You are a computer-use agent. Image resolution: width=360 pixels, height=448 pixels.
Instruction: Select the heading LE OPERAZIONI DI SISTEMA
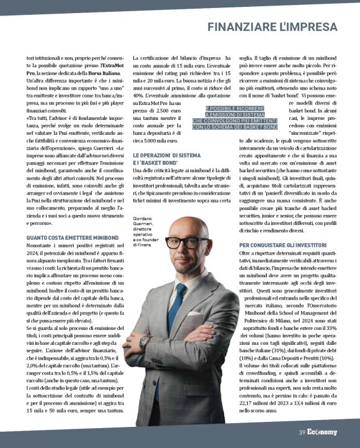pyautogui.click(x=166, y=155)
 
